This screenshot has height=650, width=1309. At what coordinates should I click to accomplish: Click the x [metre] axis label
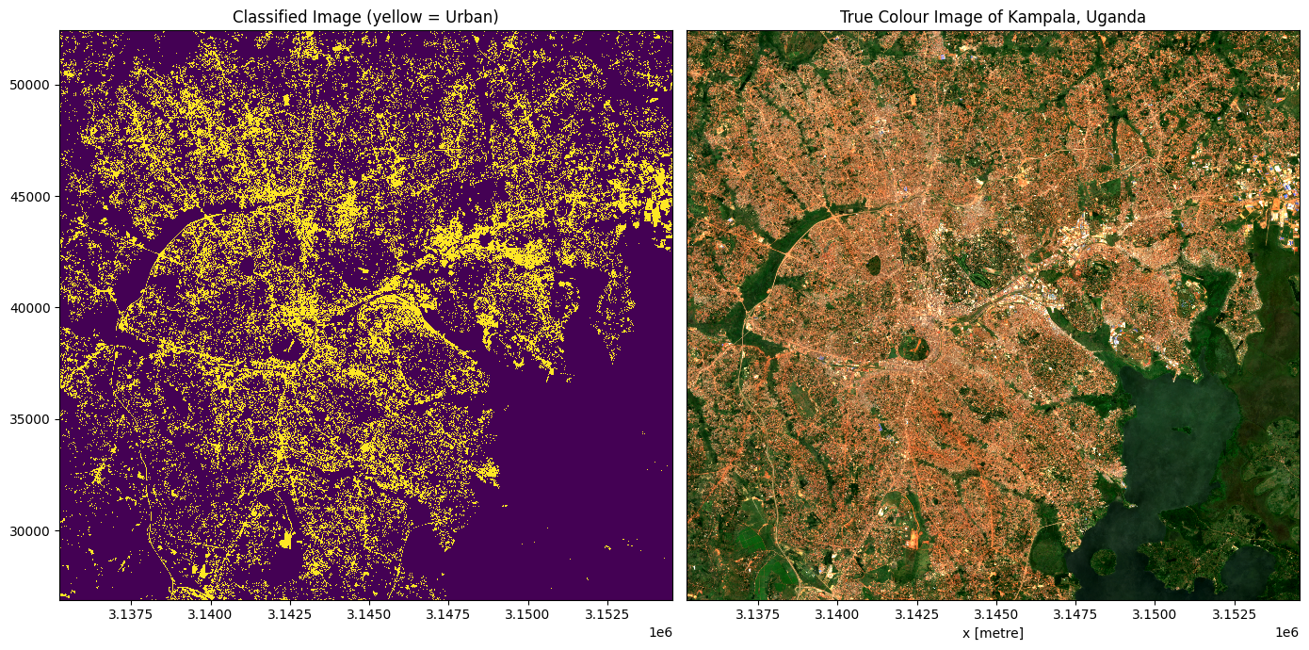point(993,633)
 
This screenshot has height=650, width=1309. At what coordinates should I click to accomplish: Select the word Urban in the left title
point(472,16)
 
